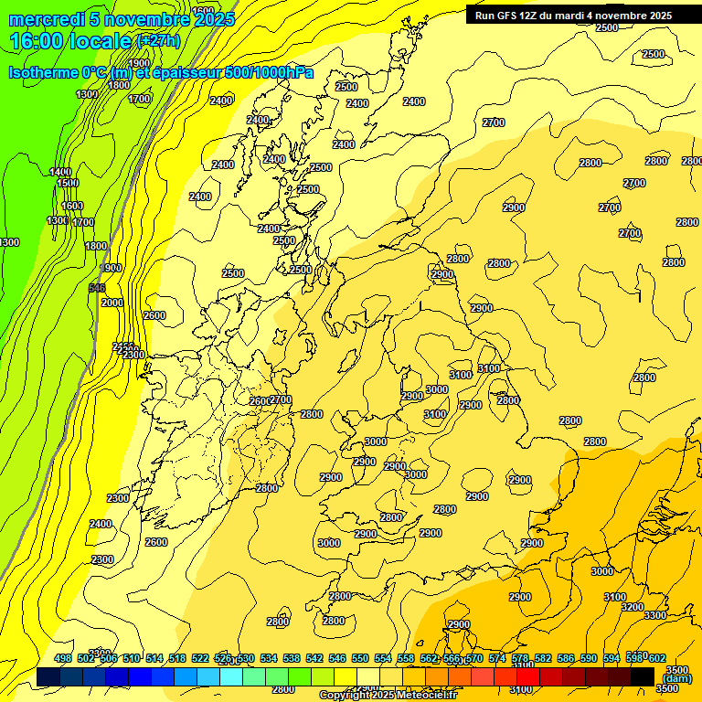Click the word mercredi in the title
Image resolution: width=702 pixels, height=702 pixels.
[41, 19]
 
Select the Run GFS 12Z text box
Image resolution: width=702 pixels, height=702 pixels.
[571, 16]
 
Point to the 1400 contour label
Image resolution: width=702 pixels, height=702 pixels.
[61, 172]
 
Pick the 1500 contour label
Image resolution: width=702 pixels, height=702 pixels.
[68, 183]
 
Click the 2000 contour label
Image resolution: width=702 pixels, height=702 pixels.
[112, 303]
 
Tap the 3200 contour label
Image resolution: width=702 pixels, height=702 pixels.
[632, 607]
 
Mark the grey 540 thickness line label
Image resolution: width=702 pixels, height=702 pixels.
[97, 288]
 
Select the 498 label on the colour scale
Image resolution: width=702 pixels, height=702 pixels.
[63, 658]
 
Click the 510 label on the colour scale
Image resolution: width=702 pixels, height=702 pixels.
[131, 658]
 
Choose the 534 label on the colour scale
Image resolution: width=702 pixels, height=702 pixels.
[269, 658]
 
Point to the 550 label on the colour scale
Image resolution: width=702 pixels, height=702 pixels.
[360, 658]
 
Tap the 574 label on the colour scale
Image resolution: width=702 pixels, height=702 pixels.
[497, 658]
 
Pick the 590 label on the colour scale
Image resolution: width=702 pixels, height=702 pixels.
[589, 658]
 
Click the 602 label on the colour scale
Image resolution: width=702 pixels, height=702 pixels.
[657, 658]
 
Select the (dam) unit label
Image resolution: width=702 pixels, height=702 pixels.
[677, 679]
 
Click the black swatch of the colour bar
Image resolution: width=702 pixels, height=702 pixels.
[643, 676]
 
